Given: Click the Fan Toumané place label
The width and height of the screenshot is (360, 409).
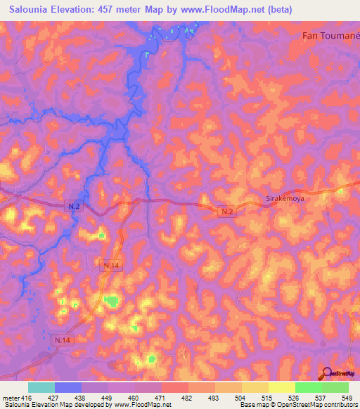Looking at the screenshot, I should [330, 35].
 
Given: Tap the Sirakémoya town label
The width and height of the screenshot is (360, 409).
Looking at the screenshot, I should [285, 199].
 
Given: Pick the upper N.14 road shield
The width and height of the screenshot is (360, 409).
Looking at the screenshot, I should [111, 265].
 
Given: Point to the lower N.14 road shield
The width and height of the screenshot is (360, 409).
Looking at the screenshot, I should [63, 340].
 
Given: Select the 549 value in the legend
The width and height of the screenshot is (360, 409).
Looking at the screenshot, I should [347, 397].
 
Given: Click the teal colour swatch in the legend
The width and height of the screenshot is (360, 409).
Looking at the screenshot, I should [41, 387].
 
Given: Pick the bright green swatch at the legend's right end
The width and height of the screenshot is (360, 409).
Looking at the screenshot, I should [335, 387].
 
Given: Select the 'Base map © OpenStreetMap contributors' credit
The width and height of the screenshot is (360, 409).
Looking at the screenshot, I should [297, 405].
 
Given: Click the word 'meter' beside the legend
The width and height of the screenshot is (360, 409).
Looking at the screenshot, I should [12, 397].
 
